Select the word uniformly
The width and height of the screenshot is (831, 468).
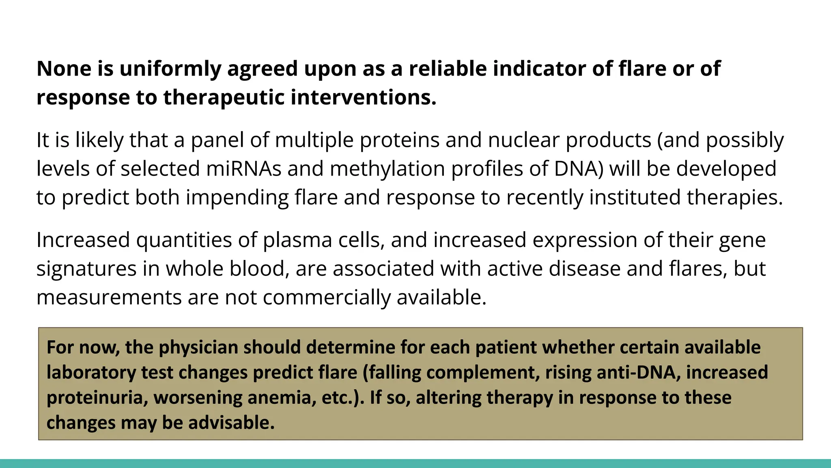(170, 69)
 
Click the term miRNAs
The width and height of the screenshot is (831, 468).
(243, 169)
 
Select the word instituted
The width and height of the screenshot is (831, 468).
(635, 197)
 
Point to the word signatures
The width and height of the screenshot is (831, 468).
(86, 269)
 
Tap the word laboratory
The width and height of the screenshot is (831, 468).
(91, 373)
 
